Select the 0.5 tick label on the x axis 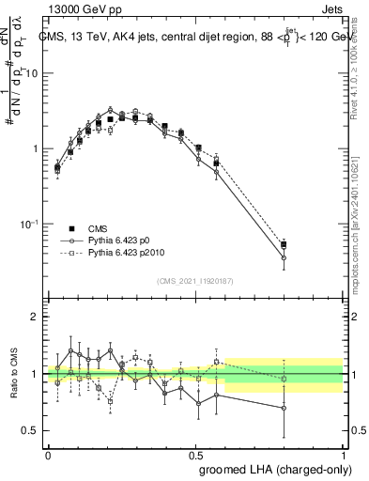click(x=195, y=452)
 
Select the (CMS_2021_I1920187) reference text click(x=195, y=281)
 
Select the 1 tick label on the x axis click(x=343, y=452)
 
